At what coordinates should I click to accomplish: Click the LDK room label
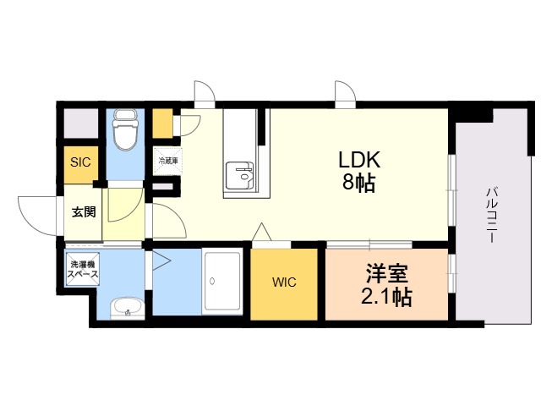click(359, 160)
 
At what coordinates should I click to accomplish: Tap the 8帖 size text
click(358, 182)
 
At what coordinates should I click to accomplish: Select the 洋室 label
click(387, 274)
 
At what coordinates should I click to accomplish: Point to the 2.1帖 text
click(386, 296)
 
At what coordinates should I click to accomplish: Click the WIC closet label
click(284, 282)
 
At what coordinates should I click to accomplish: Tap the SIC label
click(80, 162)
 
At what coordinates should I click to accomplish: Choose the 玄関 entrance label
click(84, 211)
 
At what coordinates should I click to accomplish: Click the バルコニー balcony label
click(490, 215)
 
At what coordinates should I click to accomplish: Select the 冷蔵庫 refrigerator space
click(168, 162)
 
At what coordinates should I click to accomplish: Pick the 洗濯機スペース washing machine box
click(83, 269)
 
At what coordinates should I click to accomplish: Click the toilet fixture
click(125, 129)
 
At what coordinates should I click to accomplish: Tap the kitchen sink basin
click(240, 176)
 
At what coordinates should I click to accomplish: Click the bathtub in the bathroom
click(222, 282)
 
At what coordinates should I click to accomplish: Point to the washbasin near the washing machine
click(127, 307)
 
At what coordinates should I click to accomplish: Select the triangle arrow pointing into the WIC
click(262, 232)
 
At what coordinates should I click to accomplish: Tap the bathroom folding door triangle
click(161, 261)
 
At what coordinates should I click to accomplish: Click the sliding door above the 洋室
click(369, 244)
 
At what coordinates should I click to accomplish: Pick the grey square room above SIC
click(81, 123)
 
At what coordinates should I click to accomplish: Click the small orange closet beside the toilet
click(162, 123)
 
